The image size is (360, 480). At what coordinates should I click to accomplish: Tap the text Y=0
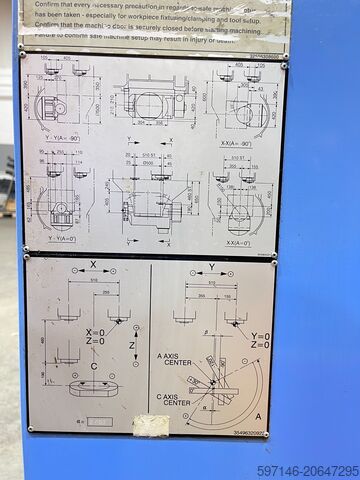[x=260, y=336]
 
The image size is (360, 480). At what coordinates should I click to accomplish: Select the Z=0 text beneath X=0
[x=95, y=343]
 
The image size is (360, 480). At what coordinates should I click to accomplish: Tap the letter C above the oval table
[x=94, y=365]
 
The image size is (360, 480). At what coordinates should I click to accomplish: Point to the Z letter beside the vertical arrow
[x=136, y=346]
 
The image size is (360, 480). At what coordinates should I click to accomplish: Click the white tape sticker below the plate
[x=151, y=426]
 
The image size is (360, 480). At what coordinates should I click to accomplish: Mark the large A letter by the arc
[x=258, y=415]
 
